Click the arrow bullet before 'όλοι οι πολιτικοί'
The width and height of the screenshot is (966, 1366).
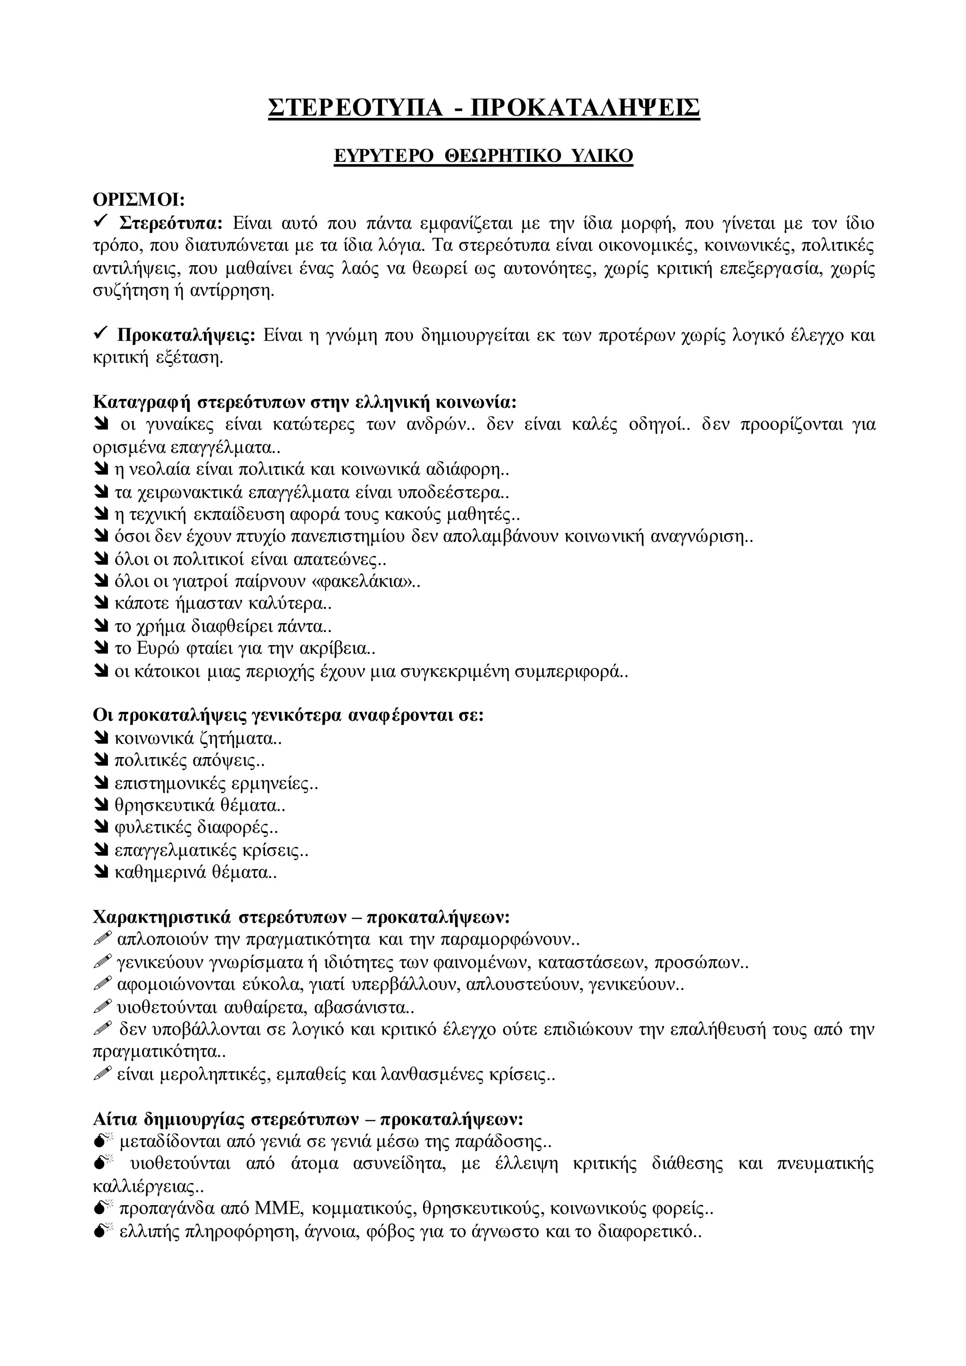point(100,559)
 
